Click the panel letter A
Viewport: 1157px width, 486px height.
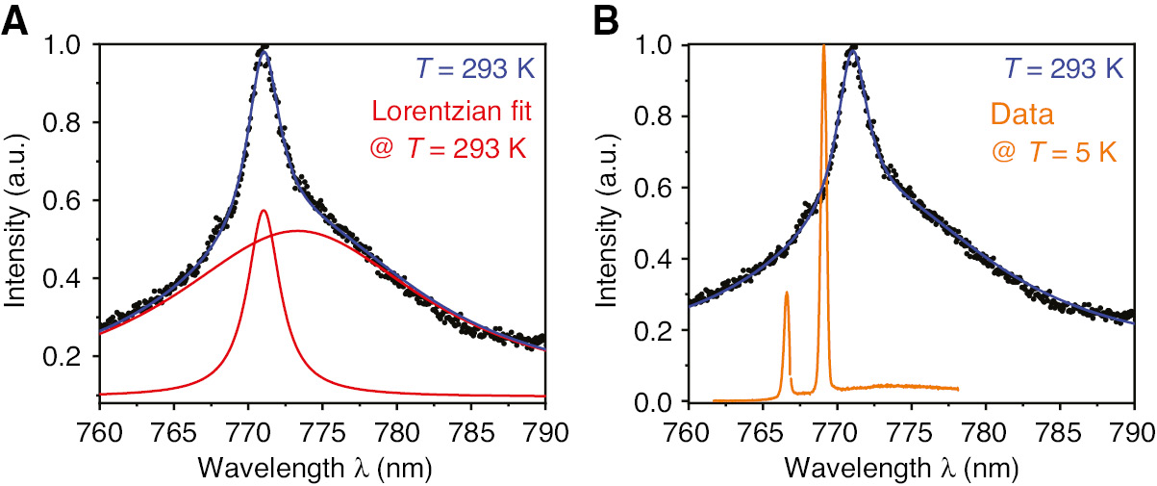click(16, 21)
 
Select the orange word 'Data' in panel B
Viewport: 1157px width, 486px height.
click(1027, 115)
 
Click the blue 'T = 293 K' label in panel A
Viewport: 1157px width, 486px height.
click(477, 69)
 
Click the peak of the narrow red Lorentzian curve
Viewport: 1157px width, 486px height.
click(264, 210)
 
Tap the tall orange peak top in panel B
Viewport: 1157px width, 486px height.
click(823, 46)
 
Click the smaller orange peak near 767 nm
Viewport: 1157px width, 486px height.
click(787, 293)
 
